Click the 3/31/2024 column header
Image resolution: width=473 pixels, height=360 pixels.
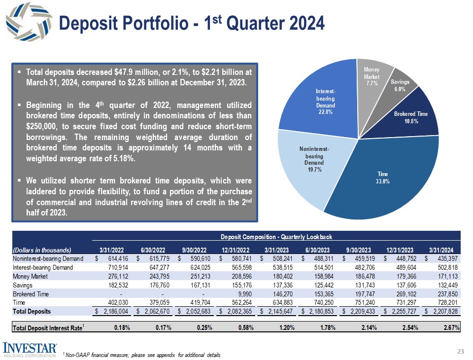445,249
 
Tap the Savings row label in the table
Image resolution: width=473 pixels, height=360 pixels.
22,285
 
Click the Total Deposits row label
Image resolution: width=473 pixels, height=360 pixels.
32,311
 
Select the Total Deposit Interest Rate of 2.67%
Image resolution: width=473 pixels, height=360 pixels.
450,327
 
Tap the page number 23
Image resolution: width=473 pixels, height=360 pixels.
461,351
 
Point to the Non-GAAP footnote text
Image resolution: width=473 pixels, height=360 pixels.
143,355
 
